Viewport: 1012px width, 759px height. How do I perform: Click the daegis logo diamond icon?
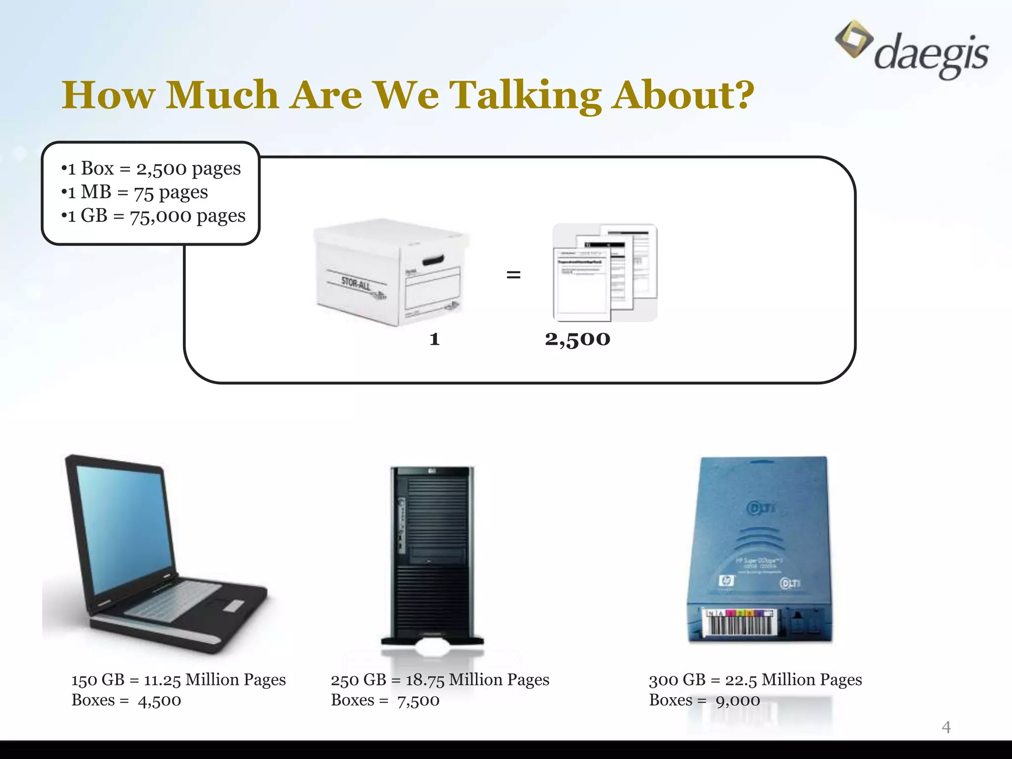pyautogui.click(x=853, y=39)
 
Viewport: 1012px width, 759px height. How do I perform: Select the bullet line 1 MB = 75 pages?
pyautogui.click(x=134, y=192)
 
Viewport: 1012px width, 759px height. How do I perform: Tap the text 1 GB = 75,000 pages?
pyautogui.click(x=153, y=216)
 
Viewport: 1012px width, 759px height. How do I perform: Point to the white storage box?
pyautogui.click(x=390, y=272)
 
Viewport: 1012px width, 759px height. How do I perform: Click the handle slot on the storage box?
pyautogui.click(x=433, y=260)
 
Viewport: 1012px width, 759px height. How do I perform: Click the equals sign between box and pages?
pyautogui.click(x=513, y=275)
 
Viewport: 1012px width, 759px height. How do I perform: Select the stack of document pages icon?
pyautogui.click(x=605, y=272)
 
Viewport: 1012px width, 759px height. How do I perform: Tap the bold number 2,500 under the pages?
pyautogui.click(x=577, y=339)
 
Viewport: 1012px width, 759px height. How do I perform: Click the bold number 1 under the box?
pyautogui.click(x=434, y=339)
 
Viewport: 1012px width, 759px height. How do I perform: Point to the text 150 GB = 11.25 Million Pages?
pyautogui.click(x=178, y=680)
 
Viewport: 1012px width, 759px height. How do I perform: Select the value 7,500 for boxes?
pyautogui.click(x=418, y=701)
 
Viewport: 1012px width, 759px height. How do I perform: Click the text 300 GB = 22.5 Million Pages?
pyautogui.click(x=755, y=680)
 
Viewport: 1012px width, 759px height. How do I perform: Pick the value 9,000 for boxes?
pyautogui.click(x=737, y=701)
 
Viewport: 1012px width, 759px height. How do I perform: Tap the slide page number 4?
pyautogui.click(x=946, y=727)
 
